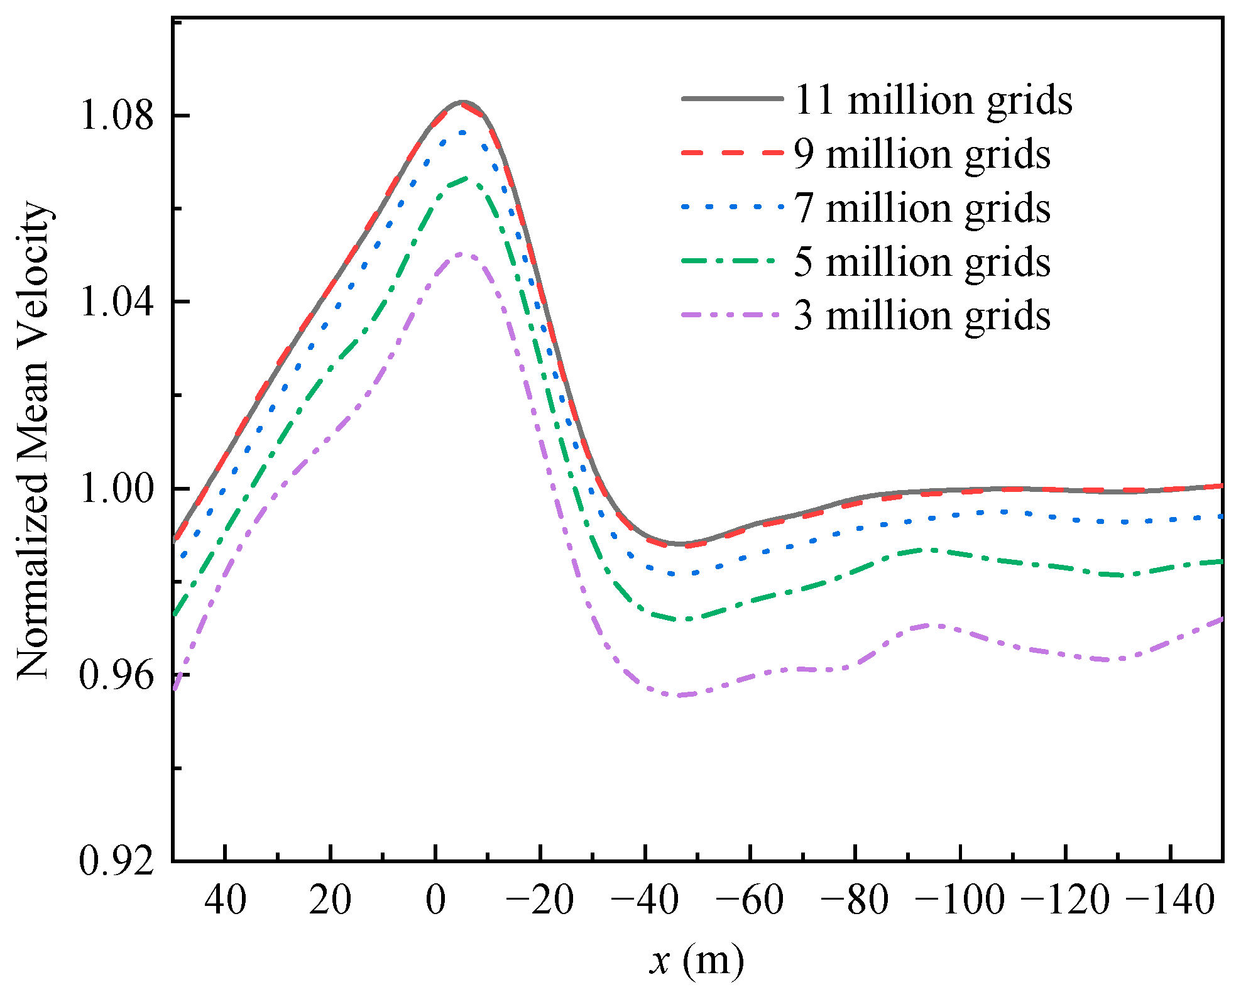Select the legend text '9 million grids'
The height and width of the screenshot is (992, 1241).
coord(922,155)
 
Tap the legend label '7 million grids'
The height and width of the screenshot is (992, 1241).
coord(922,208)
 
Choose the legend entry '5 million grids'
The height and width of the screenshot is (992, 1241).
coord(922,262)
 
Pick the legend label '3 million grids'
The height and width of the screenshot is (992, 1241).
coord(922,315)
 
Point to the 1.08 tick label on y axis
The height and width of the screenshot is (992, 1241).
coord(117,116)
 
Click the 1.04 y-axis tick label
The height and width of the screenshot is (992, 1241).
coord(117,302)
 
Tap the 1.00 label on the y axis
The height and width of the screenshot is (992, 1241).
coord(117,489)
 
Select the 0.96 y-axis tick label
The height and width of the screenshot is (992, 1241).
coord(117,675)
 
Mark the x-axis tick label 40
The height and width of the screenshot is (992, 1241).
coord(225,900)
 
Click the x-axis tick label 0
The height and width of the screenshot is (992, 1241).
coord(435,900)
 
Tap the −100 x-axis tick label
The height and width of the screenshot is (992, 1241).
coord(960,900)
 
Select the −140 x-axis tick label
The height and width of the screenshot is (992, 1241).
coord(1170,900)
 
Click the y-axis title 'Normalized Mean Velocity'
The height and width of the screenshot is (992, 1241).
coord(33,440)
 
